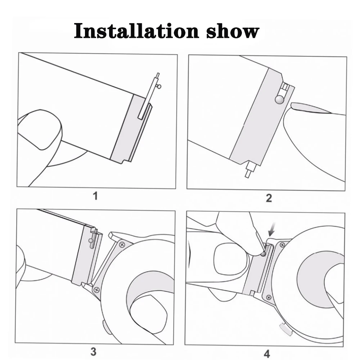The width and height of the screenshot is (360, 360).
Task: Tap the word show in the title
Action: coord(232,31)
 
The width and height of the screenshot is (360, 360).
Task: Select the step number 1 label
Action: coord(95,196)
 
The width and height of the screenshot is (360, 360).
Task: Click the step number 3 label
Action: coord(93,351)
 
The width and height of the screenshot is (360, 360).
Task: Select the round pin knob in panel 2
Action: coord(279,100)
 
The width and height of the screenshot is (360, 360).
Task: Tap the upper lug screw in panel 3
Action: coord(122,244)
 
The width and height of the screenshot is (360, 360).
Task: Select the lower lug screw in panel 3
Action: coord(96,289)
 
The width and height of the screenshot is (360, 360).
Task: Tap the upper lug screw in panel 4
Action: coord(282,245)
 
